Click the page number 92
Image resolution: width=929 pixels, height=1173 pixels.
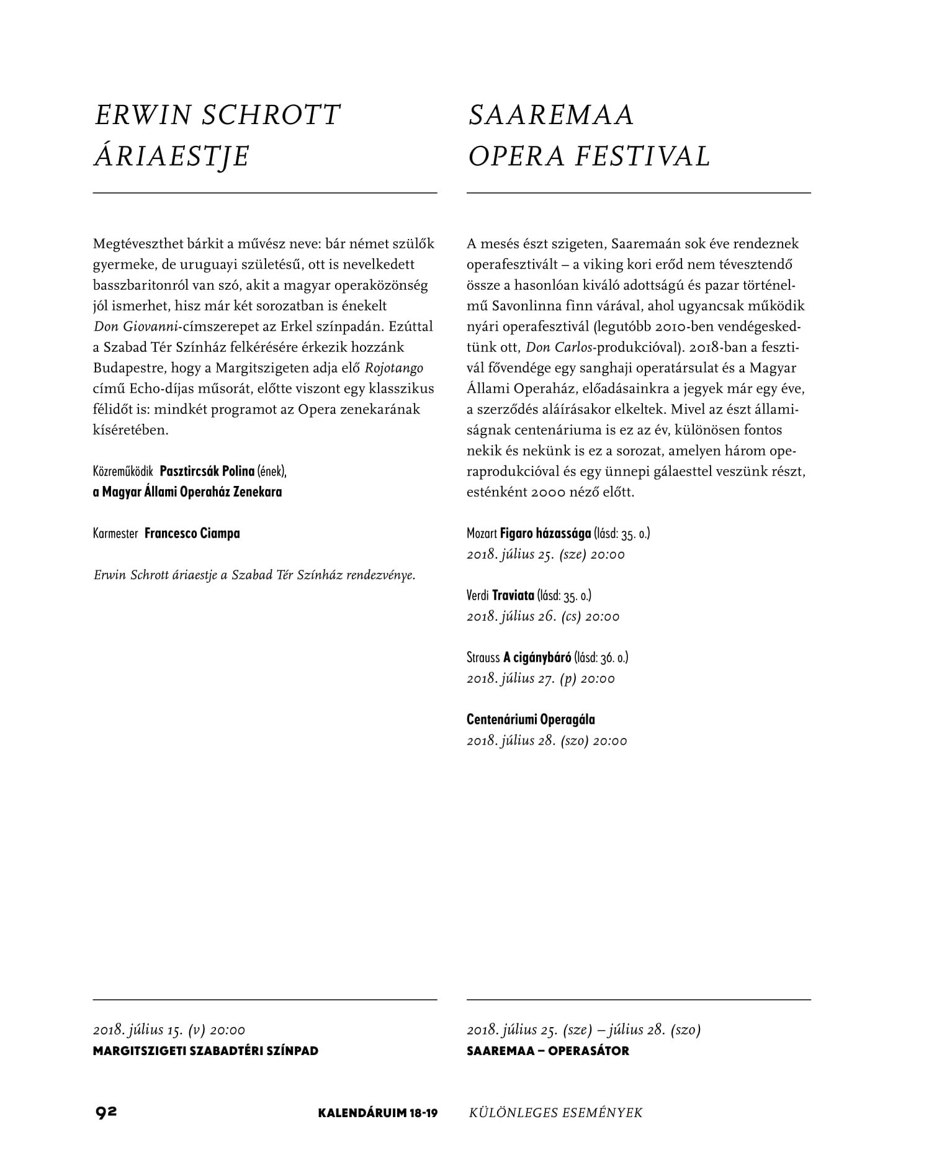tap(106, 1112)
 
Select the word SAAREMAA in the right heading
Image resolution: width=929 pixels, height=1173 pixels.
tap(551, 115)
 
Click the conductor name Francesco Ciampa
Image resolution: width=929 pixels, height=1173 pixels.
tap(192, 533)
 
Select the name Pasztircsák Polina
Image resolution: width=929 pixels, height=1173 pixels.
tap(207, 471)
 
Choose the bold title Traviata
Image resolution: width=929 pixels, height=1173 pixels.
tap(513, 595)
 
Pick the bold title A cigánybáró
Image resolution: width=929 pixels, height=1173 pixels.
tap(537, 657)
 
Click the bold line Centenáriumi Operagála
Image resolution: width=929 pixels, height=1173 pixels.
tap(531, 719)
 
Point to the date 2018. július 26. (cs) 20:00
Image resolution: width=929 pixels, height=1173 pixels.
tap(543, 616)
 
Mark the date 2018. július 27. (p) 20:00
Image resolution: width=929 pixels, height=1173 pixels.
tap(541, 678)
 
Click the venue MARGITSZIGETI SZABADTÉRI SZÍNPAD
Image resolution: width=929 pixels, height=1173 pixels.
tap(205, 1051)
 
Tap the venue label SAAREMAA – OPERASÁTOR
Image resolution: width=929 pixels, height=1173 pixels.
tap(547, 1051)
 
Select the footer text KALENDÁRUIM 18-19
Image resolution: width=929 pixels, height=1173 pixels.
tap(377, 1112)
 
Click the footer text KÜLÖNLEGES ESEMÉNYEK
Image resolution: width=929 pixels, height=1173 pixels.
tap(555, 1112)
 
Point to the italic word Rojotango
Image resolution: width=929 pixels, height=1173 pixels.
tap(394, 368)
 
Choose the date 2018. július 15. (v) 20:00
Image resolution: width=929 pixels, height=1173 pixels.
tap(169, 1030)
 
